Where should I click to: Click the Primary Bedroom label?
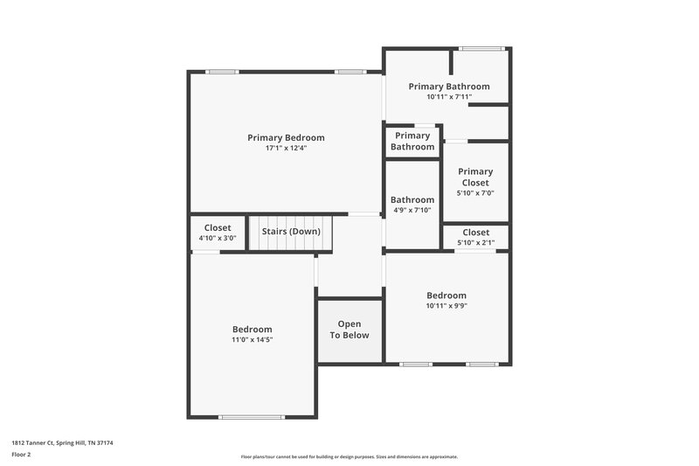(286, 137)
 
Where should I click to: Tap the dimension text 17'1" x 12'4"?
(286, 149)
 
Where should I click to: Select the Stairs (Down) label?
(291, 232)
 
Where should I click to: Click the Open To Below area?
(349, 330)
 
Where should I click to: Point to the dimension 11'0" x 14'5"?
(252, 339)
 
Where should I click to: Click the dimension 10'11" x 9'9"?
(446, 306)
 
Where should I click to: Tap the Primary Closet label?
(475, 177)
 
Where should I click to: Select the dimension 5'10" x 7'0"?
(475, 193)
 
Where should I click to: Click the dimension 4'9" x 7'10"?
(412, 210)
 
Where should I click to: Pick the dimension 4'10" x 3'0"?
(218, 238)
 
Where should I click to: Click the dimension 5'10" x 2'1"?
(475, 242)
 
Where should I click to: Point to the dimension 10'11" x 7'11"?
(449, 97)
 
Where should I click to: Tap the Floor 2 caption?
(21, 455)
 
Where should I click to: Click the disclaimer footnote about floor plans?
(349, 456)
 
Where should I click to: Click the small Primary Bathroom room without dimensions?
(412, 141)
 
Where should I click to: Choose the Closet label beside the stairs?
(218, 227)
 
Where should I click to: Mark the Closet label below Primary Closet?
(475, 233)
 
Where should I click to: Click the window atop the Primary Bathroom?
(481, 48)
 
